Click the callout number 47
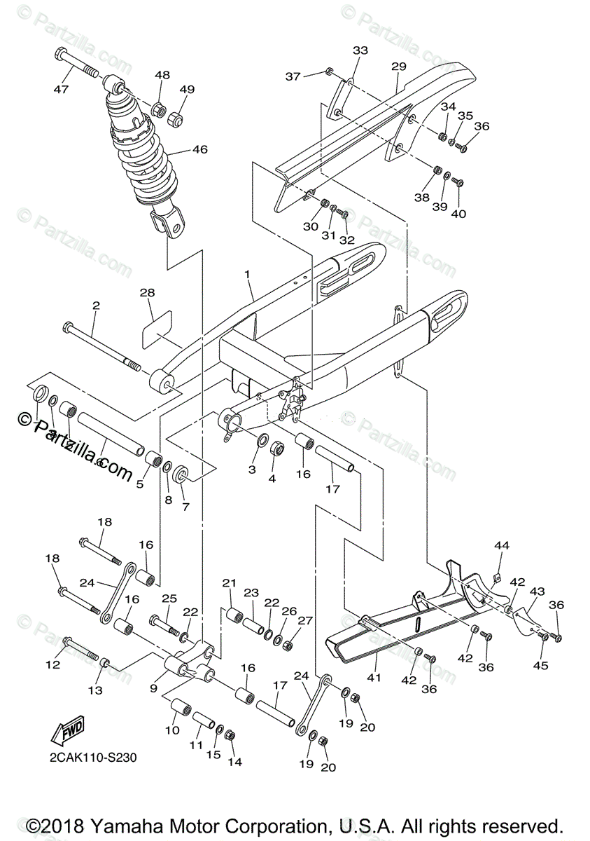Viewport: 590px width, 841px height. coord(62,89)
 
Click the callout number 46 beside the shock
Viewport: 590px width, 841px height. coord(200,149)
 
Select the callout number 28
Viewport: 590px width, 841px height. coord(147,292)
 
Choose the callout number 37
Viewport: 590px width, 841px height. coord(293,76)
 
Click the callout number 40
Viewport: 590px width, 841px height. coord(458,214)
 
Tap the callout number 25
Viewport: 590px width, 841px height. coord(169,598)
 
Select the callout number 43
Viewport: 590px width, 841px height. coord(537,592)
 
